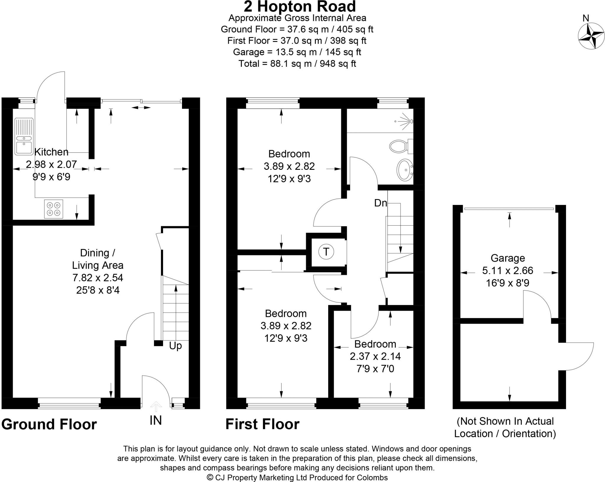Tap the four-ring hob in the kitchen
point(54,209)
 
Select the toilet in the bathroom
point(401,146)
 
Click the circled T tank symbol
point(326,252)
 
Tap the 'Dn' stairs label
point(380,203)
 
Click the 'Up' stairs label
point(175,346)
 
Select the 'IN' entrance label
point(156,420)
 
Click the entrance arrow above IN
point(156,406)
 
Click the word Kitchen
point(51,152)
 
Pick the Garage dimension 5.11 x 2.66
point(508,271)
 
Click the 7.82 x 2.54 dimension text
point(98,278)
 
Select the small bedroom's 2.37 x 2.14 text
point(375,356)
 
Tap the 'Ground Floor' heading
point(49,424)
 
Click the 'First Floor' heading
point(262,424)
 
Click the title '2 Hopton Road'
point(300,6)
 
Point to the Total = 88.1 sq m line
point(297,63)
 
